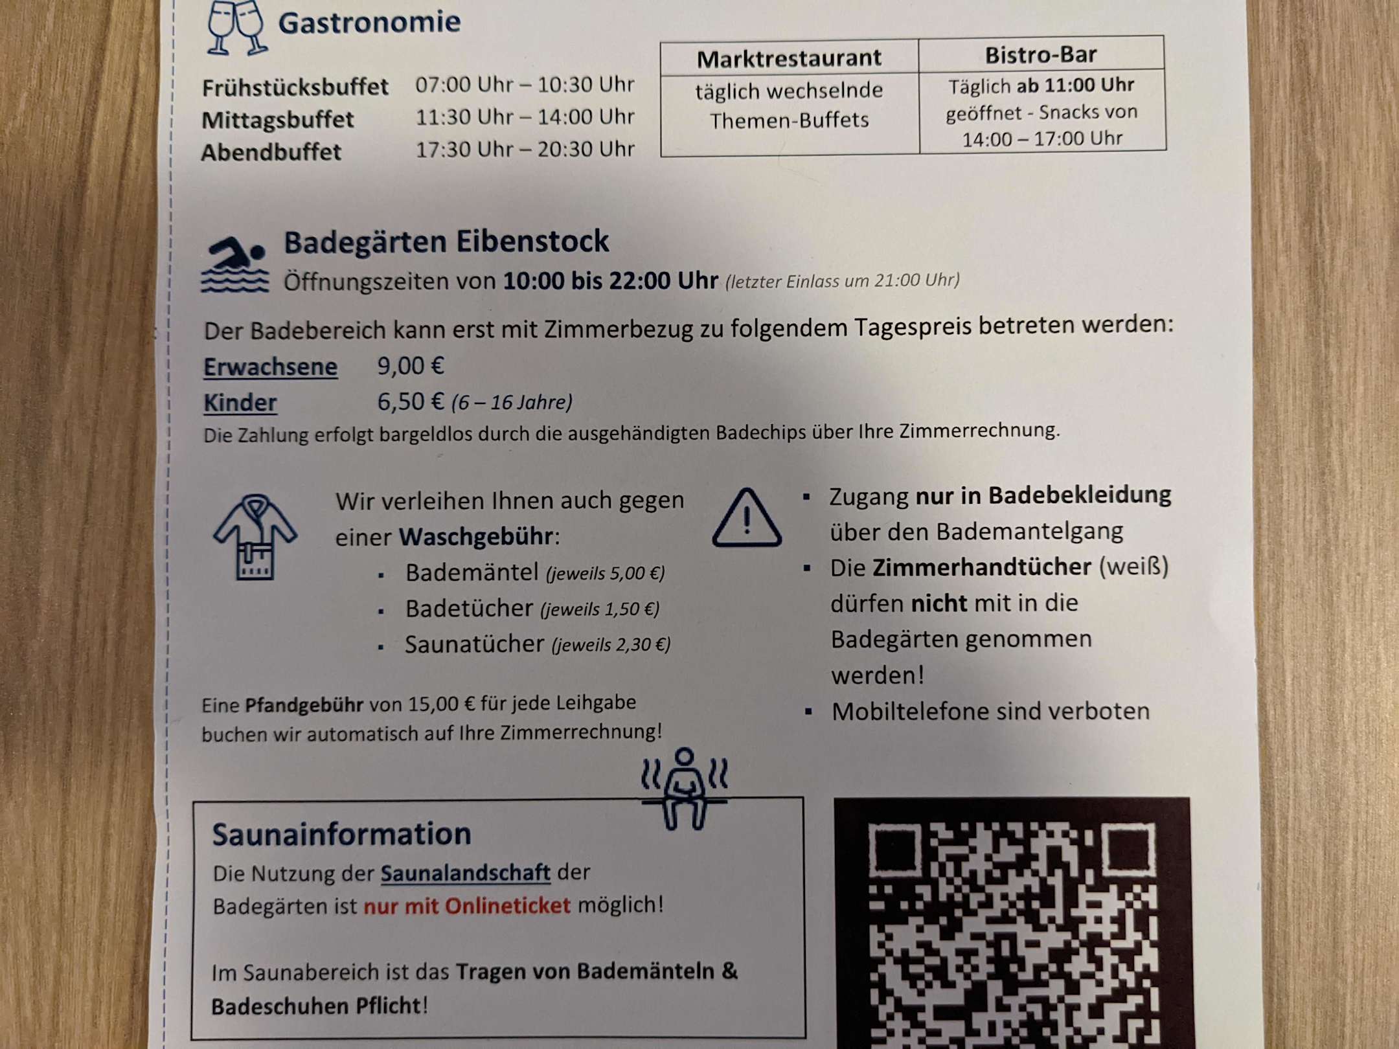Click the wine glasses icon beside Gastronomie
[235, 27]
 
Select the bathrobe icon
[255, 537]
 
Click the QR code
[1012, 926]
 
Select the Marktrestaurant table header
[789, 58]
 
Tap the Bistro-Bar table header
[1041, 55]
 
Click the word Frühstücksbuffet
[295, 87]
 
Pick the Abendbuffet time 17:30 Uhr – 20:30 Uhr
[525, 150]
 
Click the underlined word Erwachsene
[270, 367]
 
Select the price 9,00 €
[411, 366]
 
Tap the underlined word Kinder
[240, 403]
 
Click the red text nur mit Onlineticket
[467, 905]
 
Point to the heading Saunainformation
[341, 834]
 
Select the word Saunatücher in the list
[474, 644]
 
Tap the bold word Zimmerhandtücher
[981, 567]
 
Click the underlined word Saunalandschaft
[465, 873]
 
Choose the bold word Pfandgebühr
[304, 705]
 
